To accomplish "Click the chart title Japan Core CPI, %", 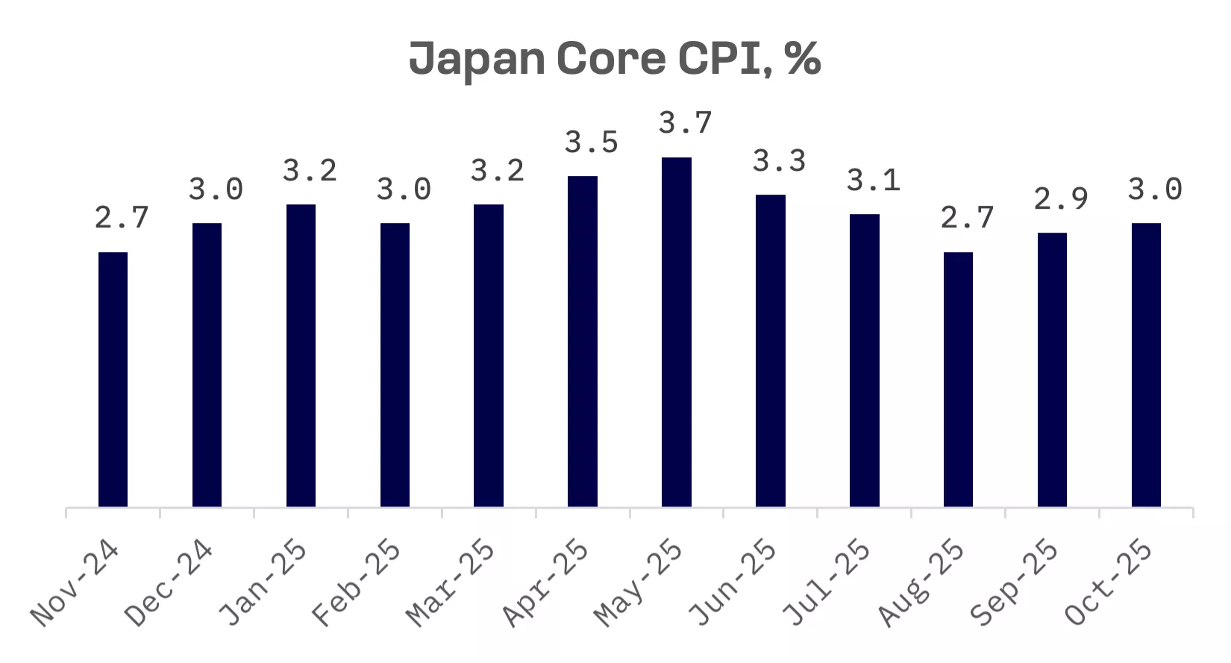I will click(615, 58).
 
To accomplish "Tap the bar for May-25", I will click(677, 332).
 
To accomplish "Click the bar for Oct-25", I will click(1146, 365).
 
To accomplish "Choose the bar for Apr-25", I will click(583, 341).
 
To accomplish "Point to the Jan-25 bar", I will click(301, 355).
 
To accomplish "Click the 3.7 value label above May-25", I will click(686, 123).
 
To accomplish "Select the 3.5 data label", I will click(592, 142).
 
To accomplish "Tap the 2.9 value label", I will click(1061, 199).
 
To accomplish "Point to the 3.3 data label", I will click(780, 161).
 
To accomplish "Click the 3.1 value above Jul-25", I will click(874, 180).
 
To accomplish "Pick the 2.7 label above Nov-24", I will click(122, 218).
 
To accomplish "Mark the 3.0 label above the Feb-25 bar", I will click(404, 189).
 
